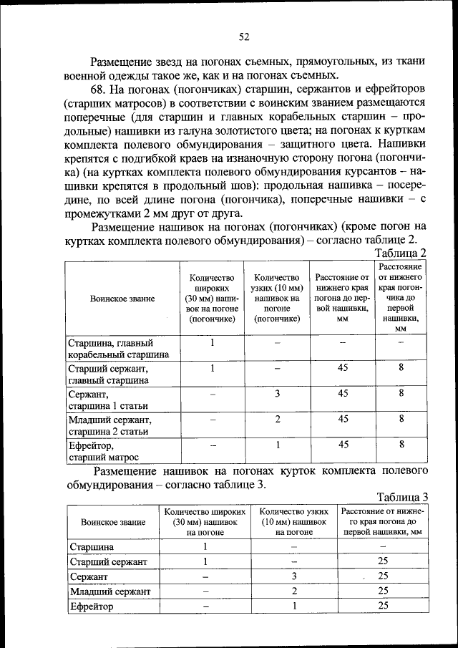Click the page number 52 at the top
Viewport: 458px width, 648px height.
pos(243,37)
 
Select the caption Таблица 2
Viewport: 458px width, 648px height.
pos(401,253)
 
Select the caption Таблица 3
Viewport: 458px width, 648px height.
pos(402,497)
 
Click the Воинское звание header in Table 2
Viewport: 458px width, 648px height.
pos(122,299)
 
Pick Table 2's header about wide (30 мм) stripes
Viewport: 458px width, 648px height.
pos(213,299)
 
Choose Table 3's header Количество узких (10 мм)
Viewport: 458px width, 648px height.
pos(294,522)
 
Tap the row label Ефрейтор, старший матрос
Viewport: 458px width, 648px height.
pos(104,450)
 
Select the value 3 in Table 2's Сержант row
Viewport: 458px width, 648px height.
pos(277,393)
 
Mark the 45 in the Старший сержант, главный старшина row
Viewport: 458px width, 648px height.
pos(343,368)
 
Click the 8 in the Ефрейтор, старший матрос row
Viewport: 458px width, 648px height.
pos(401,444)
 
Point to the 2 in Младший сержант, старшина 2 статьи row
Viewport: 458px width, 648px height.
pos(277,419)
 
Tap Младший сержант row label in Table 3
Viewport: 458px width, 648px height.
pos(110,591)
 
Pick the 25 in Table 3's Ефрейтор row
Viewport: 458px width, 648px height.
pos(383,606)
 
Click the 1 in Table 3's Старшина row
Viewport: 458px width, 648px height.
pos(205,547)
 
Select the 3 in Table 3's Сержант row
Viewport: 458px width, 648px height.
pos(294,576)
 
